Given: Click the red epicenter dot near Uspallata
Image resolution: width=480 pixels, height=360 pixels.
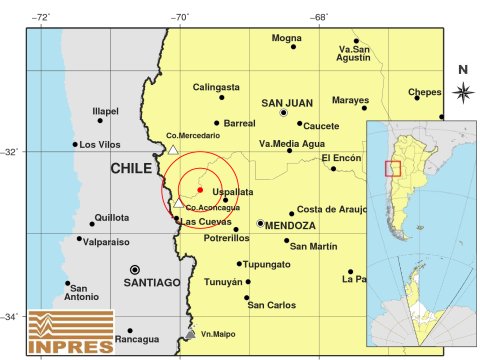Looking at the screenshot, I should pos(200,189).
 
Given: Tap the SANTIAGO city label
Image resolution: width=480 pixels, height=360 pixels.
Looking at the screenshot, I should pos(153,283).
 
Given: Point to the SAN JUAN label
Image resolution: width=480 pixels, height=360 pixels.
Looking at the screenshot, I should pos(285,102).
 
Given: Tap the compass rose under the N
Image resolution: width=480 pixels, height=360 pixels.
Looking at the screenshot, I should pos(462,93).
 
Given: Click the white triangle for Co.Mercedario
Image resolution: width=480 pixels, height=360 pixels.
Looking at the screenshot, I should pos(174,150).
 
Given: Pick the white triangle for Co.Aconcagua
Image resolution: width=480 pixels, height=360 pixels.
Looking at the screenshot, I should pos(179,203).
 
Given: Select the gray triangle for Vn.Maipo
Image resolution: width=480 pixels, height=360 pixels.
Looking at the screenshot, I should pos(190,334).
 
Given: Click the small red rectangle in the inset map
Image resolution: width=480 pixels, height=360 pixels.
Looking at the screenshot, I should pos(393,169).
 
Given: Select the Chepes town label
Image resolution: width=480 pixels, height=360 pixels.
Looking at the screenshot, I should pos(426,93).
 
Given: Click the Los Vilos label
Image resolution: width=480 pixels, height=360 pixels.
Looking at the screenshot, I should pos(101,144).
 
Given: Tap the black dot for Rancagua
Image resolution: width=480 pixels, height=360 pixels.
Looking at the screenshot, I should pos(129,331).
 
